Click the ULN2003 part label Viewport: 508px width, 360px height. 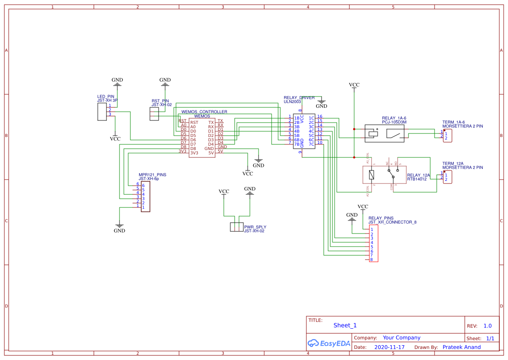[292, 102]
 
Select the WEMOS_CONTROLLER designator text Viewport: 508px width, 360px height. [204, 112]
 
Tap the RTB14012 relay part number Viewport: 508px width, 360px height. [417, 179]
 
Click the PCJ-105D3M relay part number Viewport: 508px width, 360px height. [394, 123]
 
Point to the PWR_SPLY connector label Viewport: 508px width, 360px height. [255, 227]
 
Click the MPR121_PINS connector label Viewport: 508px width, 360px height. [152, 175]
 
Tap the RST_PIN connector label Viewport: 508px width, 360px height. [160, 100]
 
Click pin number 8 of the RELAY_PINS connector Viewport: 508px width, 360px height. [372, 260]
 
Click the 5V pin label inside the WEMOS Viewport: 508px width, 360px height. [211, 153]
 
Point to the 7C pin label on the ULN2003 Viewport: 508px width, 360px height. [311, 144]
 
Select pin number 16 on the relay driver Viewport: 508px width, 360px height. [319, 117]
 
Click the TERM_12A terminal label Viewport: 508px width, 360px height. [453, 163]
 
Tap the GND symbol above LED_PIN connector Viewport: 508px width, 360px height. [117, 80]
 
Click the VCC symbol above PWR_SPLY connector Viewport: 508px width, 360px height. [224, 191]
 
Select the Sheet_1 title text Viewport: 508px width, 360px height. [345, 325]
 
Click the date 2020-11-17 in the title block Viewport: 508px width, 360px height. [389, 347]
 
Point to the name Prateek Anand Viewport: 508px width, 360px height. [462, 347]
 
